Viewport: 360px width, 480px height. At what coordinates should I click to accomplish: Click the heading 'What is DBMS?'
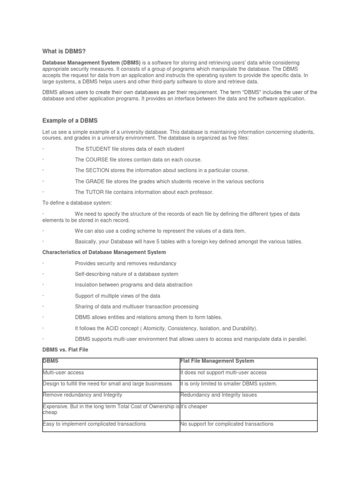[x=60, y=52]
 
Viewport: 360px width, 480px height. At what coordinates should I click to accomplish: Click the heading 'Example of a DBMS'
[x=70, y=120]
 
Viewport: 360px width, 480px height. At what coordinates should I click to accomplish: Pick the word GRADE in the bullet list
[x=95, y=181]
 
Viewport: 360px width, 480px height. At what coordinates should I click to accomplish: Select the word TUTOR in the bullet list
[x=95, y=192]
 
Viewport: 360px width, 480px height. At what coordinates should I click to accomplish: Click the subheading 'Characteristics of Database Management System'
[x=104, y=253]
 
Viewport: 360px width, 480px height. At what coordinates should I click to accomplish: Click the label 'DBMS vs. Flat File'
[x=65, y=350]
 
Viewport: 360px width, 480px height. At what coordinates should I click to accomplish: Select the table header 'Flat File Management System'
[x=217, y=361]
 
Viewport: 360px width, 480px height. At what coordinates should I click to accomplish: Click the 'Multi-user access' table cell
[x=63, y=373]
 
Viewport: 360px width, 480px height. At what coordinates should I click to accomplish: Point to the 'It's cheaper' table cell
[x=194, y=406]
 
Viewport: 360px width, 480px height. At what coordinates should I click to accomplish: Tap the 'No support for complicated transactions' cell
[x=227, y=424]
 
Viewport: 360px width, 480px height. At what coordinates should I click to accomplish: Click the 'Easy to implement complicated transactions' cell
[x=94, y=424]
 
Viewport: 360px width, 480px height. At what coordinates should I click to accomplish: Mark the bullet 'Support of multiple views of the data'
[x=118, y=296]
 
